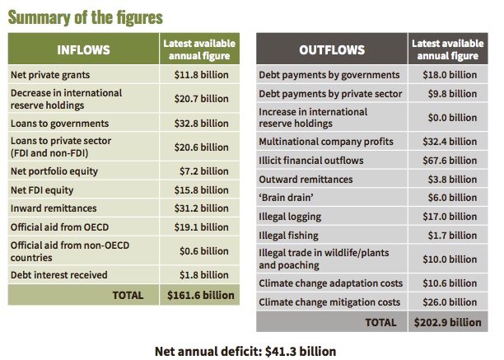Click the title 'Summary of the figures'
click(x=85, y=17)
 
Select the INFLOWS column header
click(x=83, y=50)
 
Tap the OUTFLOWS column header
click(x=332, y=50)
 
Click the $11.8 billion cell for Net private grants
click(x=202, y=75)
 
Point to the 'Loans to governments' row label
click(x=60, y=124)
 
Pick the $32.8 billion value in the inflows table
click(x=202, y=124)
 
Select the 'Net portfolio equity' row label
click(x=54, y=171)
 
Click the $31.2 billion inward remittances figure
click(x=202, y=208)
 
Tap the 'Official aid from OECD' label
click(x=60, y=227)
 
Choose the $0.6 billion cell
click(x=204, y=251)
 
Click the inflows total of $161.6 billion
click(x=201, y=295)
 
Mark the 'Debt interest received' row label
click(x=59, y=275)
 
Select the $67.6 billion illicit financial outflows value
click(x=450, y=161)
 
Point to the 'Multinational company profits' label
click(x=326, y=142)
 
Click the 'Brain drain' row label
click(x=286, y=198)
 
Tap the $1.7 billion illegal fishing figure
click(x=452, y=236)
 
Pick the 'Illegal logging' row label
click(x=290, y=217)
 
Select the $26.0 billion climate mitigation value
click(x=450, y=302)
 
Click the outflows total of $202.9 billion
click(x=448, y=322)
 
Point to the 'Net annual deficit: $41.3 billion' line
click(x=245, y=351)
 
